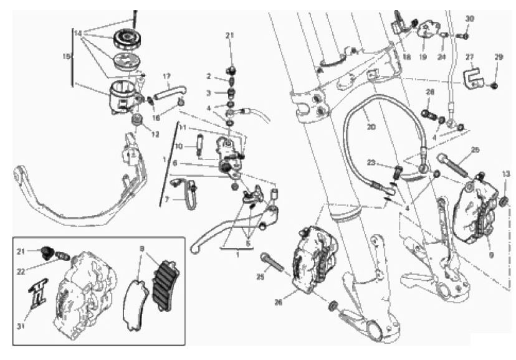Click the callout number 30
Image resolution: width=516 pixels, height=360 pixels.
pyautogui.click(x=470, y=19)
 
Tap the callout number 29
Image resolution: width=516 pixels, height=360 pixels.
pyautogui.click(x=498, y=57)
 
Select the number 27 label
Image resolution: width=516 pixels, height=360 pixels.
pyautogui.click(x=470, y=56)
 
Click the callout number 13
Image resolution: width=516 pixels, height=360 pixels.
pyautogui.click(x=505, y=174)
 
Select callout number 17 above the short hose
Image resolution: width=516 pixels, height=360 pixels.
pyautogui.click(x=166, y=77)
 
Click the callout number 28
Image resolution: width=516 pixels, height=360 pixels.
pyautogui.click(x=429, y=93)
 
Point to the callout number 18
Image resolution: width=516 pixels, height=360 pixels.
pyautogui.click(x=406, y=57)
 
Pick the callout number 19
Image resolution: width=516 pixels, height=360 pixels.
pyautogui.click(x=423, y=57)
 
